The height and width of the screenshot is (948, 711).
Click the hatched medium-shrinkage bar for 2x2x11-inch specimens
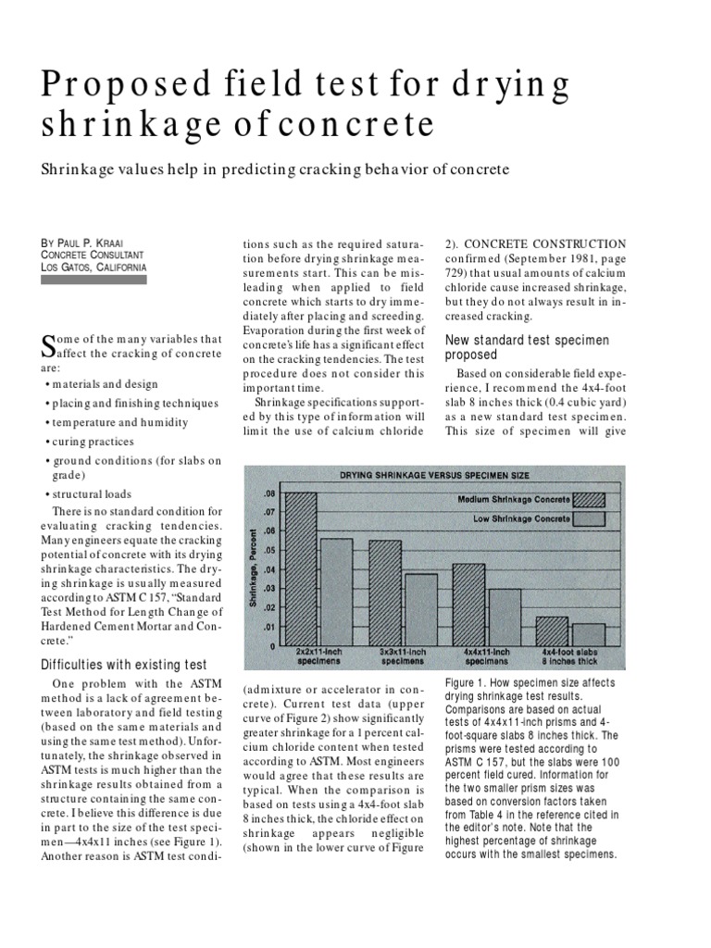coord(301,568)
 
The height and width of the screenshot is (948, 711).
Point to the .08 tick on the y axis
coord(268,493)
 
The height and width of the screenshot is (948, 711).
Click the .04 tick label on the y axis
coord(268,569)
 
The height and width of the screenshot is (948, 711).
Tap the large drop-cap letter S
coord(51,344)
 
